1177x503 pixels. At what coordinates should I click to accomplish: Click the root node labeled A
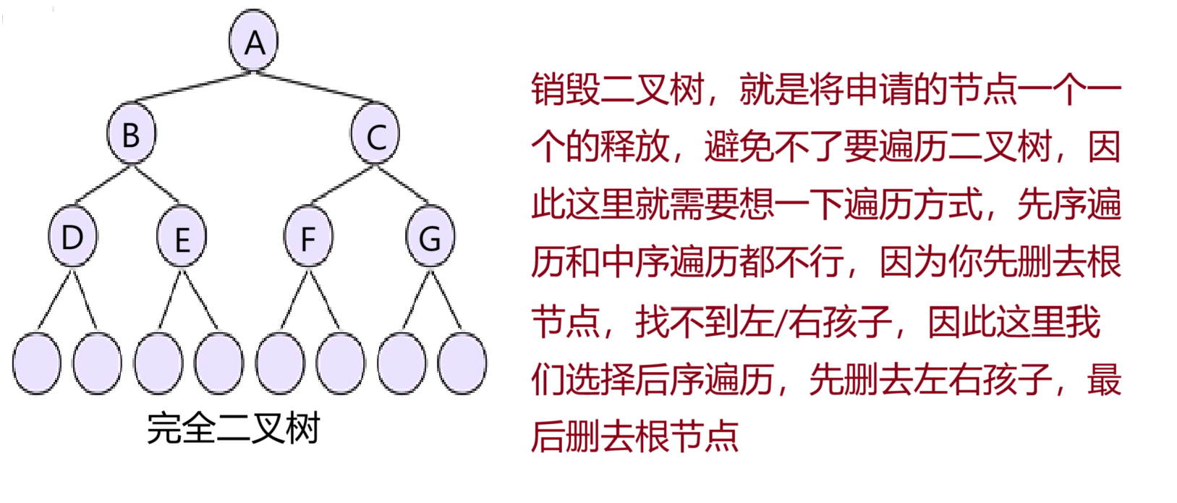coord(254,41)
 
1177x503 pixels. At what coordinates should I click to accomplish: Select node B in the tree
coord(131,135)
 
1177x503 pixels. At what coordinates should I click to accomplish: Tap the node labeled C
coord(375,135)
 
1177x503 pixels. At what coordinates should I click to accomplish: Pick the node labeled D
coord(72,237)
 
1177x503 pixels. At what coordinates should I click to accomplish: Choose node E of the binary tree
coord(182,237)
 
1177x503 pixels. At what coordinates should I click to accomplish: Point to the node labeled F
coord(308,237)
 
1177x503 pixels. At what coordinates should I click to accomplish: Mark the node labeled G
coord(430,237)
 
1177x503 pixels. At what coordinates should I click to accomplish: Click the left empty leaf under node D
coord(37,363)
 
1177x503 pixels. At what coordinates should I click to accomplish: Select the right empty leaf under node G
coord(462,363)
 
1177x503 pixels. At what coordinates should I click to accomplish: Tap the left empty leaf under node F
coord(280,363)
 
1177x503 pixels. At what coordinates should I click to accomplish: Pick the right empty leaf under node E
coord(219,363)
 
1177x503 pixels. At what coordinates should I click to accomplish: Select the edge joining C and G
coord(402,184)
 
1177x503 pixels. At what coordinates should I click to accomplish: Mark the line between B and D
coord(103,184)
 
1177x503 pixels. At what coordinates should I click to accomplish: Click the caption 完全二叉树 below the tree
coord(234,428)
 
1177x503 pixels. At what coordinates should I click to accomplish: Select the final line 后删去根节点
coord(634,436)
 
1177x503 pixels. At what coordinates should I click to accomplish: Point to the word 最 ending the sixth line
coord(1104,379)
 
